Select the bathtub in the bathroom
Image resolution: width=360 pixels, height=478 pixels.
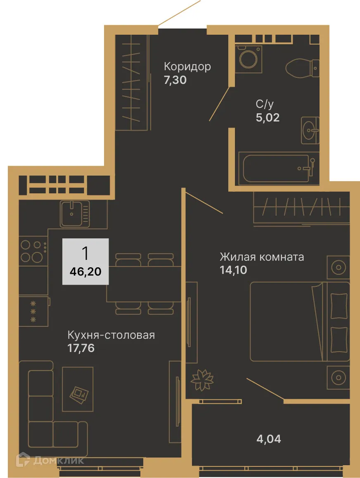tap(276, 168)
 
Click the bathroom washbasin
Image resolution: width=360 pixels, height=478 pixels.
tap(310, 130)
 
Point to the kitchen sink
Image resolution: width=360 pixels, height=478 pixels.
tap(75, 214)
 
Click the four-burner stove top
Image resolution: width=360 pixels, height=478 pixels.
tap(33, 251)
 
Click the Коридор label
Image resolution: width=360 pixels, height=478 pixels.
tap(187, 67)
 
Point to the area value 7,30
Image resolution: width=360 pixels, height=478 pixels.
tap(175, 80)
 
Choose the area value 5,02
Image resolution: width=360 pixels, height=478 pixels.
tap(268, 118)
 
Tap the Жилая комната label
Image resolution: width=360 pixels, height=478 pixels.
tap(261, 257)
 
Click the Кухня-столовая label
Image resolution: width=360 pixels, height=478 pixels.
tap(111, 335)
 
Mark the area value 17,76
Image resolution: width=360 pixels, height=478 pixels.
tap(81, 348)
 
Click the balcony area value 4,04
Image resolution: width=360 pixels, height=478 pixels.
tap(269, 439)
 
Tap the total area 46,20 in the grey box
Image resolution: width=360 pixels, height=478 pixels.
tap(85, 271)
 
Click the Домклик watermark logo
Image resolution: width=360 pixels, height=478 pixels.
tap(50, 460)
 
